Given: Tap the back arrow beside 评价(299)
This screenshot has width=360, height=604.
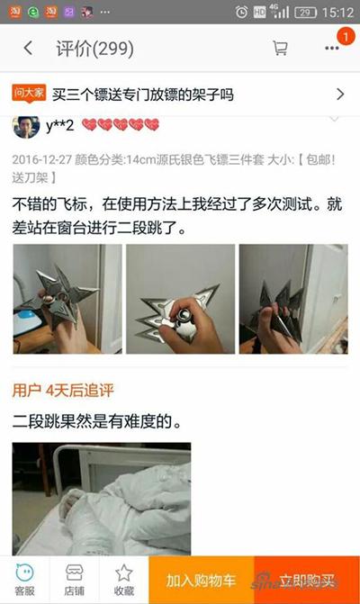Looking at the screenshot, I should pyautogui.click(x=29, y=48).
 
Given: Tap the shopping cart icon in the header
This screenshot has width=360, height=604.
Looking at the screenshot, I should pyautogui.click(x=280, y=48).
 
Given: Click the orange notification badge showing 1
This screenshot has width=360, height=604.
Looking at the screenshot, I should pyautogui.click(x=344, y=36).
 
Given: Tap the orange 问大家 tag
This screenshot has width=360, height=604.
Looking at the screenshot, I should pyautogui.click(x=29, y=93).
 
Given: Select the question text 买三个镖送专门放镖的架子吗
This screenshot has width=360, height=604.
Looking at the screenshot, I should pyautogui.click(x=142, y=94).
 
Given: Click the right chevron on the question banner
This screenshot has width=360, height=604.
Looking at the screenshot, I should pyautogui.click(x=340, y=94).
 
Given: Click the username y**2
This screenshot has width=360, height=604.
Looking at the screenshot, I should pyautogui.click(x=60, y=125).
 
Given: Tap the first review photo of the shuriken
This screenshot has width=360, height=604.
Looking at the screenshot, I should pyautogui.click(x=67, y=299).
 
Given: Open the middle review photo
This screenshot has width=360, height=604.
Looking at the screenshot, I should pyautogui.click(x=180, y=299).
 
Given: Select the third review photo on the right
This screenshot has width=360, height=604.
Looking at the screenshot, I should pyautogui.click(x=292, y=299).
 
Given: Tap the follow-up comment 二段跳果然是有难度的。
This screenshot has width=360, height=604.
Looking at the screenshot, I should pyautogui.click(x=96, y=420).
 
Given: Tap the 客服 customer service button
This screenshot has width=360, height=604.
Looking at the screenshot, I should pyautogui.click(x=25, y=579).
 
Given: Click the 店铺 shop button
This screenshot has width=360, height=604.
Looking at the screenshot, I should pyautogui.click(x=75, y=579).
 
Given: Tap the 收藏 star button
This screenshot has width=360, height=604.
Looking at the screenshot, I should pyautogui.click(x=123, y=579).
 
